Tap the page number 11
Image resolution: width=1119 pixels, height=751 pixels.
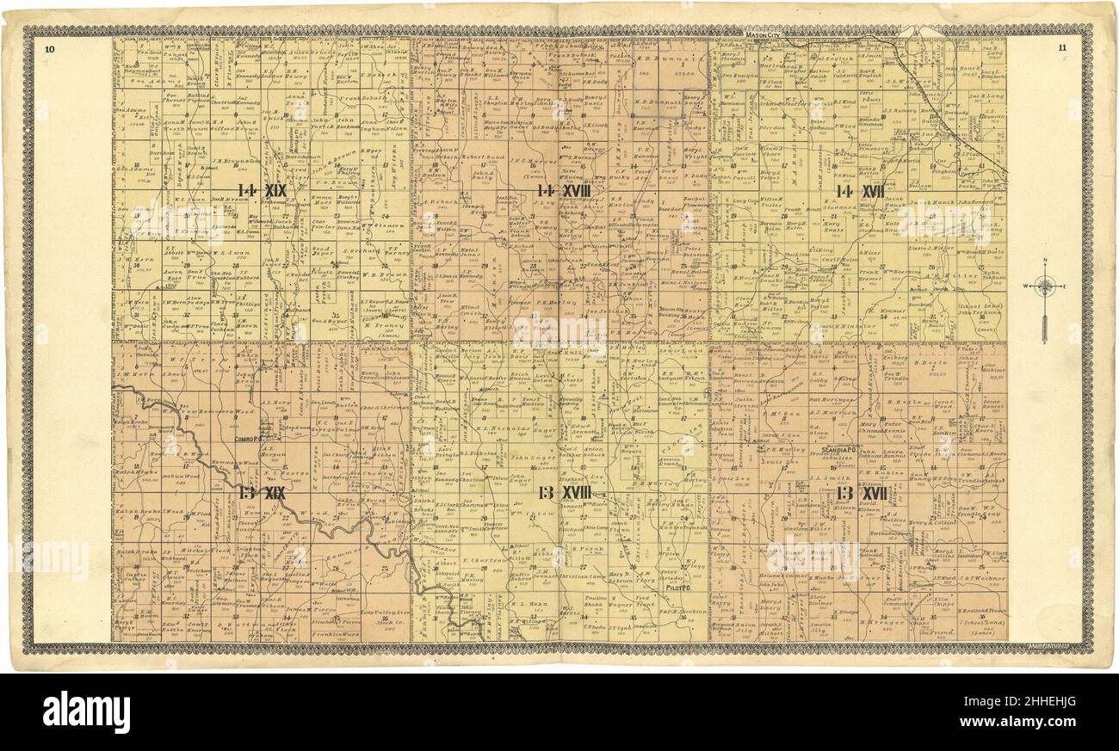click(1062, 48)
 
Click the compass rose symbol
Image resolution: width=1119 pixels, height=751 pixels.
click(1045, 287)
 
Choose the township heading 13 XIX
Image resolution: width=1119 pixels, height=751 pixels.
click(262, 493)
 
